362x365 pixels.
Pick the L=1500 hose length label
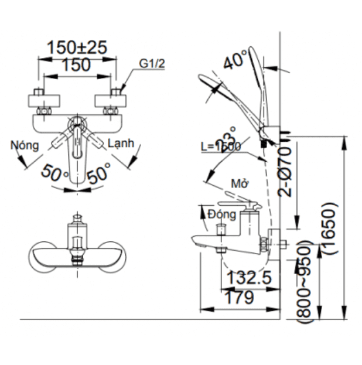220,147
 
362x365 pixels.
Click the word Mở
239,183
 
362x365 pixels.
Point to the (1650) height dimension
330,228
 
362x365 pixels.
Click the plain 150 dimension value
77,64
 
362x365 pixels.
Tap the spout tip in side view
198,240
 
